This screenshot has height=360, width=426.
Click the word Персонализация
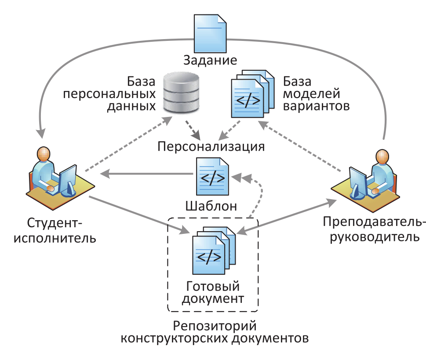[211, 146]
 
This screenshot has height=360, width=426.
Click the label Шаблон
[211, 206]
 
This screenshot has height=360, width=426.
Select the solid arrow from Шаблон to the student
[147, 175]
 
